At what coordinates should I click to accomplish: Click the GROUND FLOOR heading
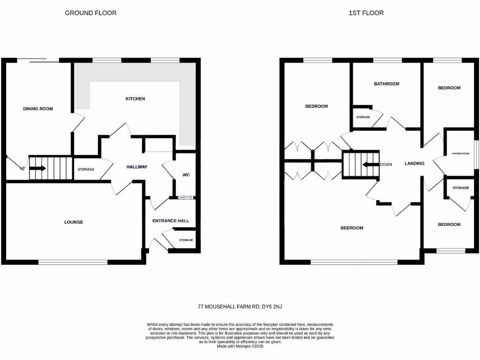pyautogui.click(x=90, y=13)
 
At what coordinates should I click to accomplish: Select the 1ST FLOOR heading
pyautogui.click(x=366, y=13)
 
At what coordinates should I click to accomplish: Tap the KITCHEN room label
pyautogui.click(x=135, y=99)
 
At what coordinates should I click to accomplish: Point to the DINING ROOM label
pyautogui.click(x=38, y=109)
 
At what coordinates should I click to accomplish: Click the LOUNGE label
pyautogui.click(x=74, y=222)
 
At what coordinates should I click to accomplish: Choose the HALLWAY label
pyautogui.click(x=137, y=167)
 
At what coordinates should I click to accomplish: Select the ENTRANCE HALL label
pyautogui.click(x=170, y=221)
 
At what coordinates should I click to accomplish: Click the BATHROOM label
pyautogui.click(x=386, y=84)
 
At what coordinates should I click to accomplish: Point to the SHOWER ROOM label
pyautogui.click(x=460, y=153)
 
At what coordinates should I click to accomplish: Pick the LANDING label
pyautogui.click(x=414, y=164)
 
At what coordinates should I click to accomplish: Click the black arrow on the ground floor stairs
pyautogui.click(x=38, y=168)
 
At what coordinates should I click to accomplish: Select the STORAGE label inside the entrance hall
pyautogui.click(x=186, y=240)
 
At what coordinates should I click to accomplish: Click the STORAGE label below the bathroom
pyautogui.click(x=363, y=117)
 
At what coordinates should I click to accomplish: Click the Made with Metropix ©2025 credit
pyautogui.click(x=240, y=346)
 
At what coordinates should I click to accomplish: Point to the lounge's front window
pyautogui.click(x=73, y=262)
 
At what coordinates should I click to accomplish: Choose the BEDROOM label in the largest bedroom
pyautogui.click(x=352, y=228)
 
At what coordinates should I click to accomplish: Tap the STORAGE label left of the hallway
pyautogui.click(x=86, y=169)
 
